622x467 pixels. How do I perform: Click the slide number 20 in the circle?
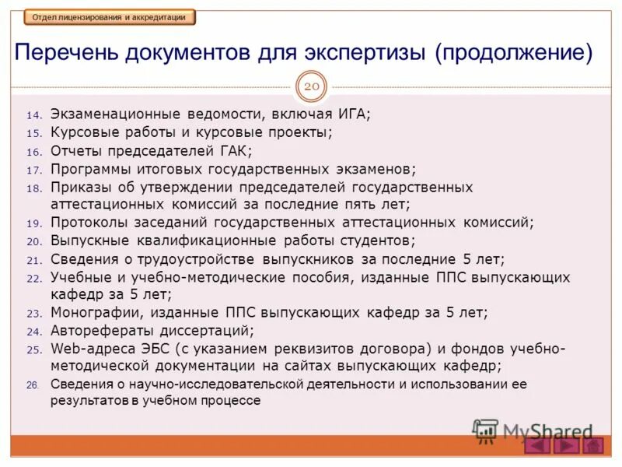[x=311, y=86]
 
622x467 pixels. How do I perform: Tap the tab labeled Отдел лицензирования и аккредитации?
[x=110, y=16]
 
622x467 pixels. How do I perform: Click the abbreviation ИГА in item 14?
[x=354, y=114]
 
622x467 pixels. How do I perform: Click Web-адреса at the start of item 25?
[x=88, y=349]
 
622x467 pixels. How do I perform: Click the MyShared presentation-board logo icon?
[x=486, y=430]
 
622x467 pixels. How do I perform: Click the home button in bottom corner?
[x=593, y=446]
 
